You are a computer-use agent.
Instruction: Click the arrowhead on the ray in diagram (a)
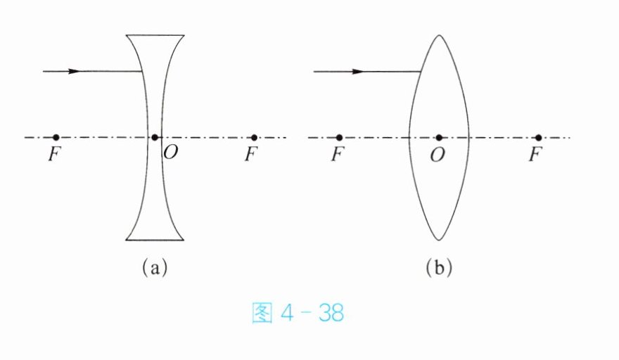point(75,71)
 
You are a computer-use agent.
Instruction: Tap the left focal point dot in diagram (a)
point(56,137)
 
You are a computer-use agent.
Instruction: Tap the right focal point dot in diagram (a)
point(254,137)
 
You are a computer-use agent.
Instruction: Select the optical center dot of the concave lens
point(155,137)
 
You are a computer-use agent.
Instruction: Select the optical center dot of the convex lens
point(439,137)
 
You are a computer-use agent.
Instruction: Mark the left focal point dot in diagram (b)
point(339,137)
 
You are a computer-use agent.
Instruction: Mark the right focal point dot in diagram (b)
point(538,137)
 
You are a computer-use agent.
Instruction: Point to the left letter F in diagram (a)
point(54,155)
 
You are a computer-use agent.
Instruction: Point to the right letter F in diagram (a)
point(251,155)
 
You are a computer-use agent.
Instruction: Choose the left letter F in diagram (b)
point(338,155)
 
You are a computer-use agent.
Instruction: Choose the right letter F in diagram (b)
point(536,155)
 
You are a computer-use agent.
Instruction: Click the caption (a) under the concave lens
point(155,267)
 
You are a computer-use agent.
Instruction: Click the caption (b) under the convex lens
point(438,267)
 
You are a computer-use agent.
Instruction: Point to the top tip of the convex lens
point(439,34)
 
